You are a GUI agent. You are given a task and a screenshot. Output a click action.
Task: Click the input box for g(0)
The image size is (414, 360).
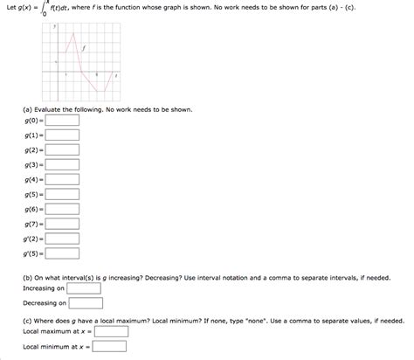(x=62, y=135)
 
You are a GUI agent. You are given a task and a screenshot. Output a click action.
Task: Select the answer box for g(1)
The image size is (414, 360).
(x=62, y=149)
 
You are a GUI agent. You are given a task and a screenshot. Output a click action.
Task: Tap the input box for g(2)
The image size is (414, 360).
(x=62, y=164)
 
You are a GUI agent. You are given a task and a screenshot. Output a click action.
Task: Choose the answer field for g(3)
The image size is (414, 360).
(x=62, y=179)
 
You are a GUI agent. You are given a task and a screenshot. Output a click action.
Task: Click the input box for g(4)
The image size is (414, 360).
(x=62, y=194)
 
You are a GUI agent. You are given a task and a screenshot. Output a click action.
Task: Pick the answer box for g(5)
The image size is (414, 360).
(x=62, y=209)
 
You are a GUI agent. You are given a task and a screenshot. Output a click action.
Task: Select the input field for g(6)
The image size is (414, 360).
(x=62, y=224)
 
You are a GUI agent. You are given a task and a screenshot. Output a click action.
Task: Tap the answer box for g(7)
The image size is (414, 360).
(x=62, y=239)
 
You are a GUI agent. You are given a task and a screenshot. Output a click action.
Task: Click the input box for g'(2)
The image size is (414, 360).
(x=62, y=253)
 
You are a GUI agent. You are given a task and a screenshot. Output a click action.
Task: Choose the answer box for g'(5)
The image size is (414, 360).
(x=62, y=267)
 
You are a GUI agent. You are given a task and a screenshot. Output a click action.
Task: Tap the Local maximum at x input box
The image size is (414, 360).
(x=111, y=332)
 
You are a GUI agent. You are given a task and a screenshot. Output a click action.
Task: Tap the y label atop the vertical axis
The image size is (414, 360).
(x=55, y=28)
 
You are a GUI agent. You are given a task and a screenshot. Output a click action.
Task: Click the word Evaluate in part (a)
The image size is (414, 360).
(x=51, y=110)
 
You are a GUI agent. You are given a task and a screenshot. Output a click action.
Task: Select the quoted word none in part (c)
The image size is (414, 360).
(x=263, y=320)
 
